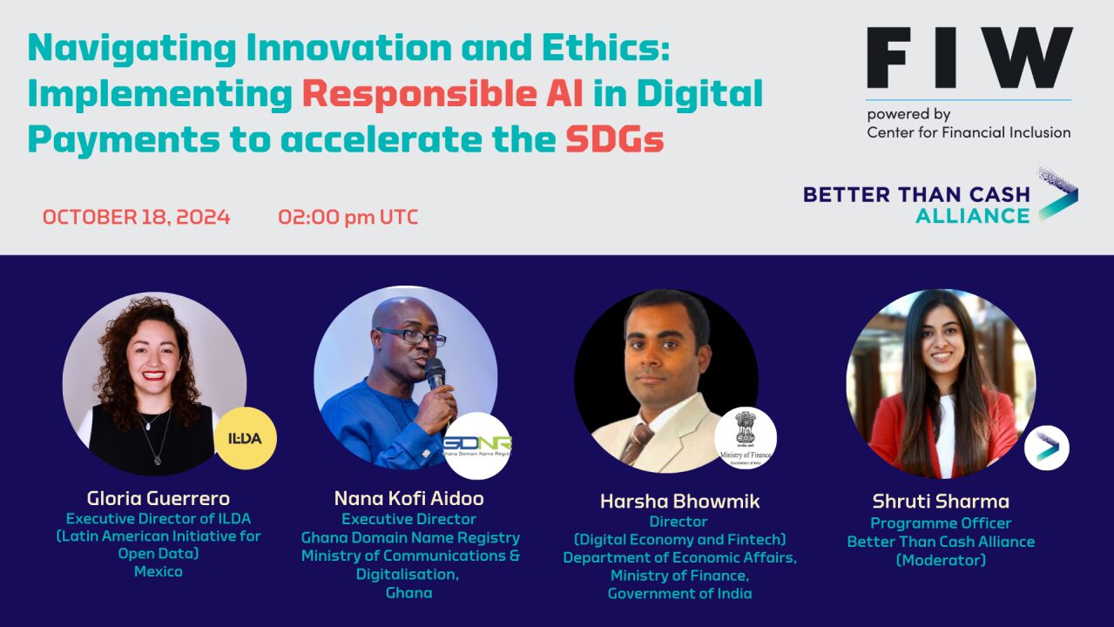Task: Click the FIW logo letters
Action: pyautogui.click(x=969, y=58)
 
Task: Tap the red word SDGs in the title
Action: pyautogui.click(x=614, y=139)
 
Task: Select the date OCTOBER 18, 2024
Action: pyautogui.click(x=137, y=217)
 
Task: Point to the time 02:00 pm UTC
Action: pyautogui.click(x=348, y=217)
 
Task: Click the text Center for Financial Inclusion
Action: pyautogui.click(x=969, y=132)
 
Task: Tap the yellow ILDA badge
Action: pyautogui.click(x=245, y=438)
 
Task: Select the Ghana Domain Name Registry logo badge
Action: pyautogui.click(x=477, y=445)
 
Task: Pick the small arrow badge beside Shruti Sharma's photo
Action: pyautogui.click(x=1046, y=448)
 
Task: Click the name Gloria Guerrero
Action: pyautogui.click(x=159, y=498)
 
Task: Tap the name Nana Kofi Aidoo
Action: pyautogui.click(x=408, y=498)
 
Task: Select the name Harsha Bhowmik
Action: pyautogui.click(x=679, y=501)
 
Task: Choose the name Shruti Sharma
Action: pyautogui.click(x=941, y=501)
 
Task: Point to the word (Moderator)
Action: pyautogui.click(x=941, y=560)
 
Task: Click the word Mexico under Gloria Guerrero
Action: pyautogui.click(x=159, y=571)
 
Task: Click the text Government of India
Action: pyautogui.click(x=679, y=593)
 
